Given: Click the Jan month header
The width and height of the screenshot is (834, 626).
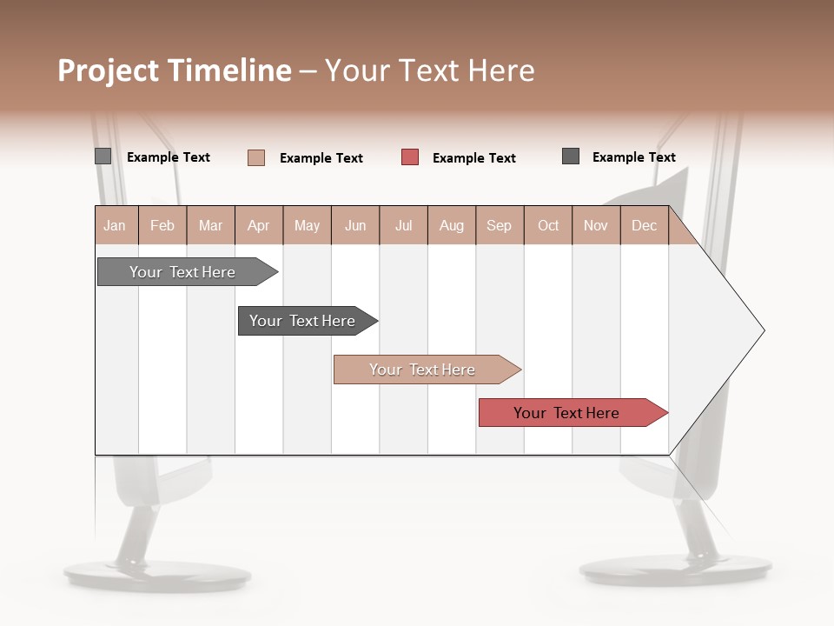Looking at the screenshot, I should coord(115,225).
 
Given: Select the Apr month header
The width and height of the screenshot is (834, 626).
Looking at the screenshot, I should coord(258,225).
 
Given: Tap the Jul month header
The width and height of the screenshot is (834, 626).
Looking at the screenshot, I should coord(403,225).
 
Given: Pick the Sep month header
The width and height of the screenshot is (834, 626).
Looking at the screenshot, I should coord(499,225).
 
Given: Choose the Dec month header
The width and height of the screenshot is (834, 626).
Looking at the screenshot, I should coord(644,225).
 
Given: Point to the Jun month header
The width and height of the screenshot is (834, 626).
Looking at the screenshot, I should coord(355,225).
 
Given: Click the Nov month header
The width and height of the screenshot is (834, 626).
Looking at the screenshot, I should coord(595,225).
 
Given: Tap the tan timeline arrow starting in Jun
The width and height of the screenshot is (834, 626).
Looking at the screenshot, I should coord(424,370).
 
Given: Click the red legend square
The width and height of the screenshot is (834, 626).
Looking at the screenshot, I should coord(410,157).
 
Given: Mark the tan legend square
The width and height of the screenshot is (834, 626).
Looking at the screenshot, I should coord(256,157).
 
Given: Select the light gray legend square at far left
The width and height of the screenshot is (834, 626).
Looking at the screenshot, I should coord(103,156).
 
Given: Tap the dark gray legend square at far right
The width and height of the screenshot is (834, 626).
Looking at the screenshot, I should coord(571,156).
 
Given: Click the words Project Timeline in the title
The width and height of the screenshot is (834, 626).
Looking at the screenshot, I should coord(174,70).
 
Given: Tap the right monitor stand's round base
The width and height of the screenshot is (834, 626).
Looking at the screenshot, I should coord(675,569).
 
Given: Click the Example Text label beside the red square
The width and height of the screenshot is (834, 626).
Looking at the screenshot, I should coord(473,158).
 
